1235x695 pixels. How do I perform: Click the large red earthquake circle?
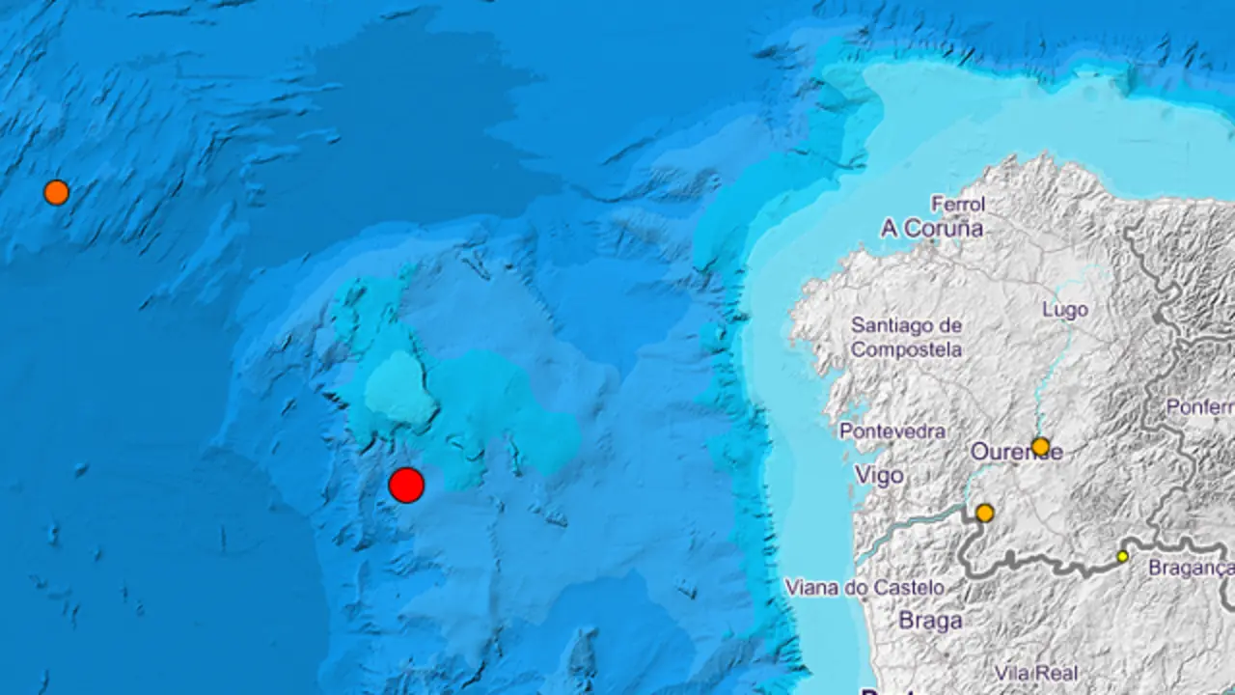[x=406, y=485]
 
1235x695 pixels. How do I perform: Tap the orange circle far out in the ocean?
[x=56, y=192]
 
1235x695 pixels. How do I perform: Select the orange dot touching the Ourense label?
[x=1040, y=446]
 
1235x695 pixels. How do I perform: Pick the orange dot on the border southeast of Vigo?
[x=984, y=513]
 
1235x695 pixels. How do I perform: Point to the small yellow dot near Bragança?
[x=1122, y=556]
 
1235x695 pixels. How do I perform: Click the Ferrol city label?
[x=958, y=204]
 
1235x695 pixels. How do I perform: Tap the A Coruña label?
[x=931, y=229]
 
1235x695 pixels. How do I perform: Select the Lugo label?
[x=1065, y=310]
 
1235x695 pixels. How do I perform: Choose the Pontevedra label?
[x=892, y=431]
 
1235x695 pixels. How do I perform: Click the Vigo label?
[x=879, y=475]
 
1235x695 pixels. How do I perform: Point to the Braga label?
[x=930, y=620]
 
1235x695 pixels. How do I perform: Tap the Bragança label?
[x=1190, y=569]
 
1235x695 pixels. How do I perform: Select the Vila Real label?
[x=1037, y=673]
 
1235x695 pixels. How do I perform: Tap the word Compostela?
[x=906, y=349]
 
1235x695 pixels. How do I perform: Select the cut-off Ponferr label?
[x=1199, y=406]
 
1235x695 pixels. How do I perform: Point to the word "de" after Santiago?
[x=949, y=325]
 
